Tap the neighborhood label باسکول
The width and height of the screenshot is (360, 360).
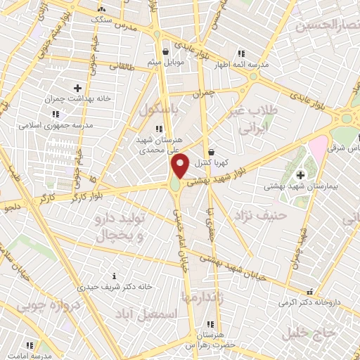click(x=161, y=110)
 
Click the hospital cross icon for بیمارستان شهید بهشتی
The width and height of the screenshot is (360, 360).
click(x=301, y=174)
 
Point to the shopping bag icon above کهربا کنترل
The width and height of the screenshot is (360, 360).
click(x=211, y=151)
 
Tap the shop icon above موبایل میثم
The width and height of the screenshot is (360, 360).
click(x=165, y=51)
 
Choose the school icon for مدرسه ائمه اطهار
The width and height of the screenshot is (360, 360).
click(x=241, y=53)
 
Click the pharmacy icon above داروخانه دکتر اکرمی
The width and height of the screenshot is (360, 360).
click(x=310, y=291)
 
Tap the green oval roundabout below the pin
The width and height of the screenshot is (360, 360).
click(x=174, y=185)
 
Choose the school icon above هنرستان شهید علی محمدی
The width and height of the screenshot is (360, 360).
click(x=160, y=128)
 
